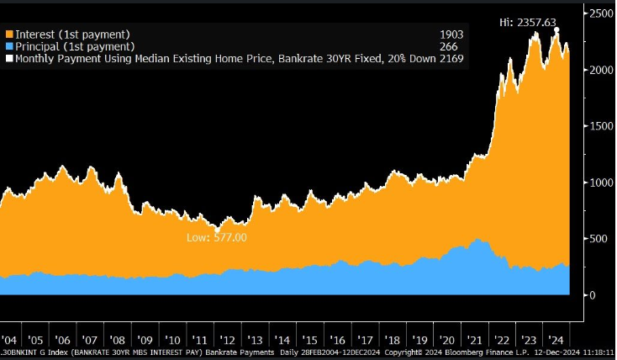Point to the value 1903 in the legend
(x=451, y=34)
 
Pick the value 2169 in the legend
(x=451, y=58)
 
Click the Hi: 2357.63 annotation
(x=528, y=22)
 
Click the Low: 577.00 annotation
(x=217, y=238)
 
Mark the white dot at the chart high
(x=556, y=29)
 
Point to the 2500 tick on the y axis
(x=601, y=14)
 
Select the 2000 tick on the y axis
(x=601, y=70)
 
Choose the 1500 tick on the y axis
(x=601, y=126)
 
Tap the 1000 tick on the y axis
(x=601, y=183)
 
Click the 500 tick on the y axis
(x=598, y=239)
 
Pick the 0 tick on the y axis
(x=592, y=295)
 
